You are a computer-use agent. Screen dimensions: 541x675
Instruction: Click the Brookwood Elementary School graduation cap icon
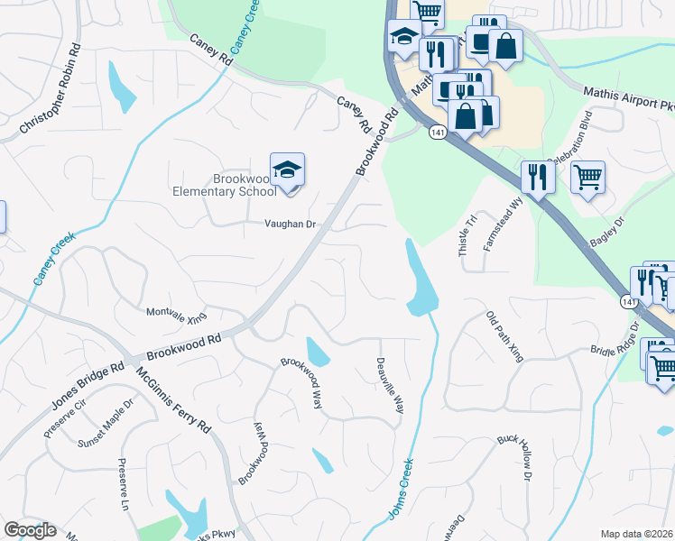pos(287,170)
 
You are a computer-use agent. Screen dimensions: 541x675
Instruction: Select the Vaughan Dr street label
pos(290,225)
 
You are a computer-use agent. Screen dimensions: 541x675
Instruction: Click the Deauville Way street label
pos(389,385)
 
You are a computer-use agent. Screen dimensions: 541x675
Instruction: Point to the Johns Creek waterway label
pos(402,488)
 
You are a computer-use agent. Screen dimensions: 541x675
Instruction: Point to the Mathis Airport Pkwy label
pos(628,99)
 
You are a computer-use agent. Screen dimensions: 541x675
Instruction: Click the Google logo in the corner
pos(31,530)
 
